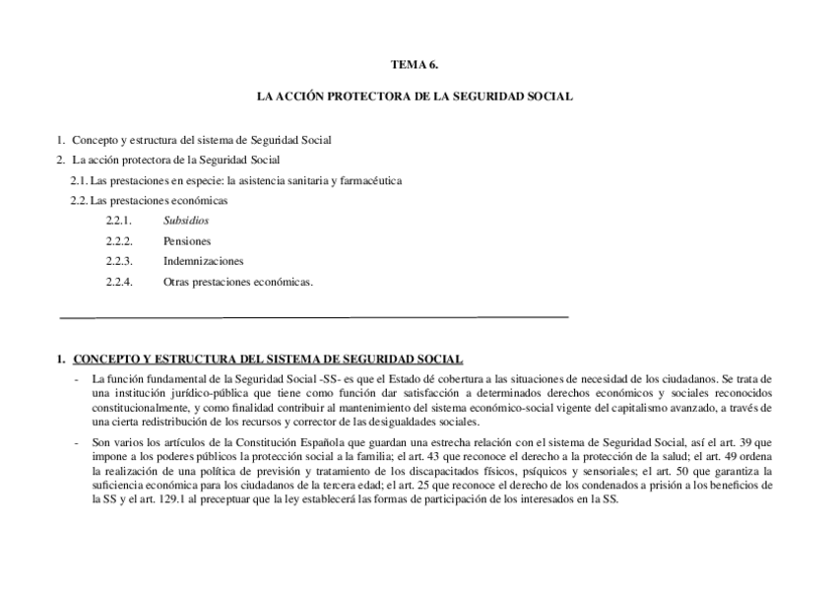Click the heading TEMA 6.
click(414, 64)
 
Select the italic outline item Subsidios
click(186, 221)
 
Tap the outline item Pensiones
click(187, 240)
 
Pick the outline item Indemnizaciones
click(204, 261)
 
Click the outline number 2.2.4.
click(119, 282)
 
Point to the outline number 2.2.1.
click(119, 221)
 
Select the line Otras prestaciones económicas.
click(238, 282)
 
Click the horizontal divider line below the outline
click(315, 317)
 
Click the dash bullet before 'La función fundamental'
click(78, 379)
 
